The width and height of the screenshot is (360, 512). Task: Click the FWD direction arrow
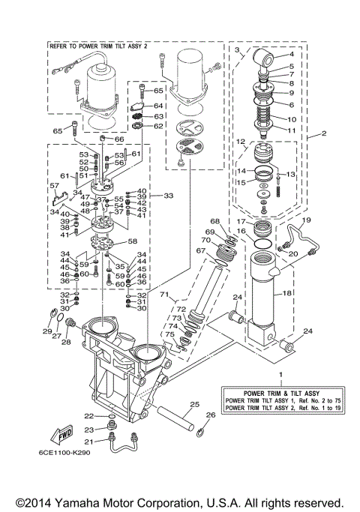(x=61, y=436)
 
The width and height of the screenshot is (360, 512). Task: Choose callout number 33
(x=168, y=196)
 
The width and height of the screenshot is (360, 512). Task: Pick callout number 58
(x=133, y=241)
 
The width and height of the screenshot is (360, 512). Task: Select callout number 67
(x=200, y=250)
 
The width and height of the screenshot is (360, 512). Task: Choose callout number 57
(x=54, y=185)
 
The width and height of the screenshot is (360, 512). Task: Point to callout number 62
(x=158, y=127)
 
